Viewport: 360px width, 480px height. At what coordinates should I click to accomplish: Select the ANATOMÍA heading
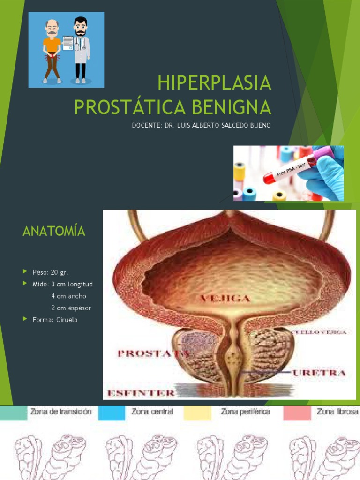pos(54,231)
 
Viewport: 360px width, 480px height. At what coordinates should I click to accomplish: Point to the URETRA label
pos(319,373)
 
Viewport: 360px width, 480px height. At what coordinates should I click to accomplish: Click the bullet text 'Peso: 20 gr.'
pos(50,272)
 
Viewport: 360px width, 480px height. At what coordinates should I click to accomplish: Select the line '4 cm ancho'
pos(68,296)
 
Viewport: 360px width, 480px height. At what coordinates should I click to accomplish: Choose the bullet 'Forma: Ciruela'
pos(55,320)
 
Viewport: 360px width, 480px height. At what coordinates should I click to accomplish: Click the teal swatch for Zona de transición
pos(14,412)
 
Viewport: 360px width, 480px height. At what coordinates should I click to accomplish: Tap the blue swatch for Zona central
pos(111,412)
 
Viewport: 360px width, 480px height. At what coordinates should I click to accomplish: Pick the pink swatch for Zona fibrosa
pos(297,412)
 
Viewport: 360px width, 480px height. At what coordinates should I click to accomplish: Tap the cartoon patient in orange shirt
pos(52,52)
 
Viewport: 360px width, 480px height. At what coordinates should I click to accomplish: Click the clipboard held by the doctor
pos(67,43)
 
